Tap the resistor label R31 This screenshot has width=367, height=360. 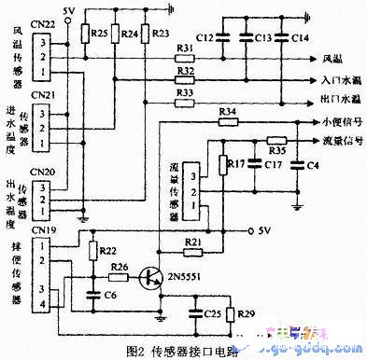185,48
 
